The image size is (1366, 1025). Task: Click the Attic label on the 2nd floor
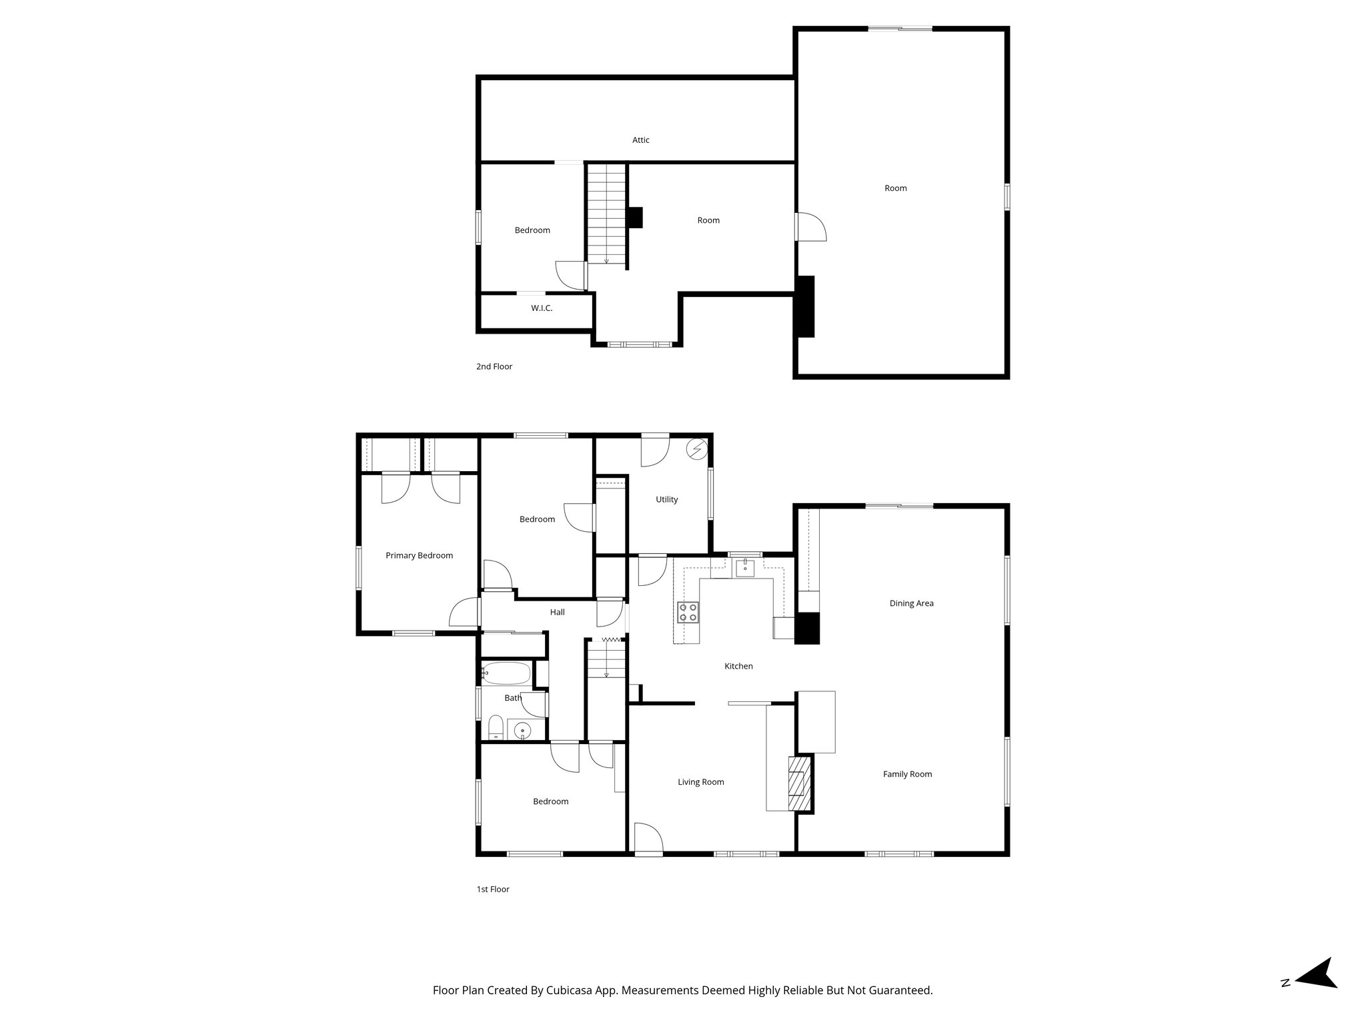tap(640, 140)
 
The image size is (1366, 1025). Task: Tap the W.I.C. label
tap(542, 308)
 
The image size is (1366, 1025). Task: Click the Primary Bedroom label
tap(419, 555)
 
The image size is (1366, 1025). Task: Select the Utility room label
tap(666, 499)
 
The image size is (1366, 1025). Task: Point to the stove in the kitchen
tap(688, 612)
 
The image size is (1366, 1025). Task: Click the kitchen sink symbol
tap(744, 568)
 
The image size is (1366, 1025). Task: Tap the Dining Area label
tap(911, 603)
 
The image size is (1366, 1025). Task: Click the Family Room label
tap(907, 774)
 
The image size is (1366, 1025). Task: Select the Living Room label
tap(700, 782)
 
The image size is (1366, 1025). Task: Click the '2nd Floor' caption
tap(494, 366)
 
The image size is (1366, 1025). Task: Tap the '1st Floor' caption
tap(492, 889)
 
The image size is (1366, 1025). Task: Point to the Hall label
tap(557, 612)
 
